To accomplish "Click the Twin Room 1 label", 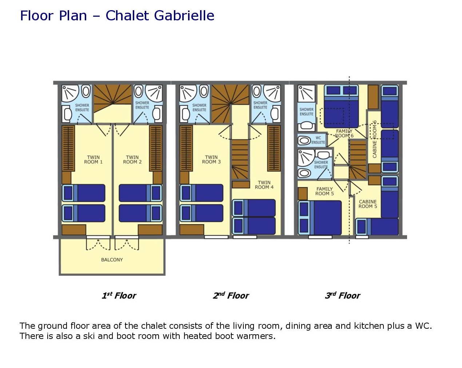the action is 93,160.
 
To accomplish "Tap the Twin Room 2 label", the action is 132,160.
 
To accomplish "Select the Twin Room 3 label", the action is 211,160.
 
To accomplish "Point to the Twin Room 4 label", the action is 264,185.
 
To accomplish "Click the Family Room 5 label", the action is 324,191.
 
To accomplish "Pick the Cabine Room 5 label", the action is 368,204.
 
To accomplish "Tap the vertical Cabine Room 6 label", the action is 375,139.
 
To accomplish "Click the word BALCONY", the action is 112,260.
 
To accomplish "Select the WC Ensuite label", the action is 318,140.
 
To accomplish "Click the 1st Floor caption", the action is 119,295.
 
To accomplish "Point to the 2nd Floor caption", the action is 231,295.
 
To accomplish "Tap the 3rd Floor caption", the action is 343,295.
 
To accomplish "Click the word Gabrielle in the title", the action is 184,16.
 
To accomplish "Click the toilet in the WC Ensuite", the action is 304,141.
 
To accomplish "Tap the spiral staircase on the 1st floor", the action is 113,98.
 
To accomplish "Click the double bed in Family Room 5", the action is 320,218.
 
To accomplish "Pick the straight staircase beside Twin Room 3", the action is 240,159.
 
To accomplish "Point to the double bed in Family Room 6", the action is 341,106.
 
